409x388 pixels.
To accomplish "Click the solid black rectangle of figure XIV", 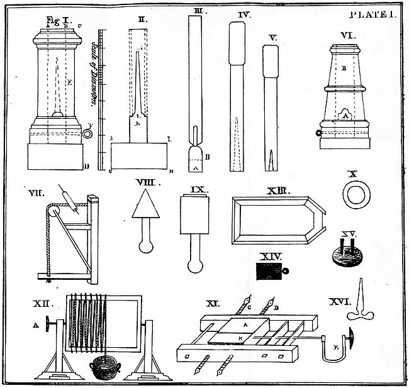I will (269, 271).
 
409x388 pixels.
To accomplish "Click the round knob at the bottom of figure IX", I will (195, 265).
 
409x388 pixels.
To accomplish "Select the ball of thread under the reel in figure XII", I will (104, 367).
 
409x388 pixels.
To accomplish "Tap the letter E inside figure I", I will (69, 81).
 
